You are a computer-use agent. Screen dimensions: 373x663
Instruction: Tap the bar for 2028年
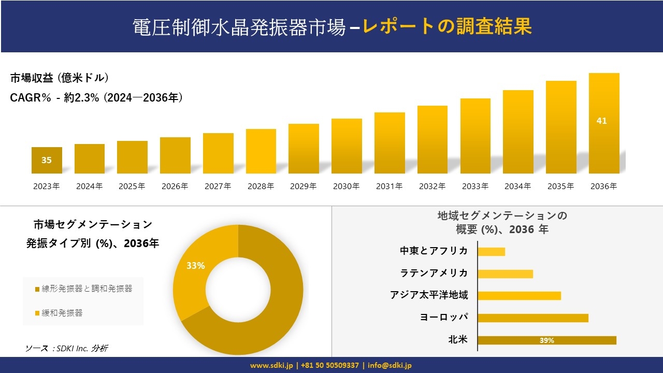261,151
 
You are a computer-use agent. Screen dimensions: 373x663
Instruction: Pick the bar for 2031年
390,143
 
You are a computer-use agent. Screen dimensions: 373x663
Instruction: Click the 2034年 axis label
517,187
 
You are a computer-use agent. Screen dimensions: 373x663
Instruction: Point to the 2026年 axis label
175,187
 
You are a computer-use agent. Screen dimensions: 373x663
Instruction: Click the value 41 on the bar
601,121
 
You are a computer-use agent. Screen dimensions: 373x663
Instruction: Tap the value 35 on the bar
47,160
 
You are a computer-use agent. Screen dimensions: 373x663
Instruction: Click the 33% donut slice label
196,266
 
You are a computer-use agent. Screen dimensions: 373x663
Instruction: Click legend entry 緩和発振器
62,313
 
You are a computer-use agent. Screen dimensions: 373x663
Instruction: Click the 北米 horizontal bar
547,340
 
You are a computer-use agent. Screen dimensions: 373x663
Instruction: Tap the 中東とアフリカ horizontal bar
491,252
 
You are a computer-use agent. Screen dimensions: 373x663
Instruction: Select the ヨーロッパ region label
444,317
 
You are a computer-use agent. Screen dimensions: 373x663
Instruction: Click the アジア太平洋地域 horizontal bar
519,296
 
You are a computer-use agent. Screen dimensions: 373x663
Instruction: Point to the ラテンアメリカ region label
434,273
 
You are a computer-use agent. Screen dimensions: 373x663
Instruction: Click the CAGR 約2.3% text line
96,98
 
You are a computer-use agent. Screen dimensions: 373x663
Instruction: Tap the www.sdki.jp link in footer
272,365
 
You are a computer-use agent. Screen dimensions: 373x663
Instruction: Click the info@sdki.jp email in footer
390,365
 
